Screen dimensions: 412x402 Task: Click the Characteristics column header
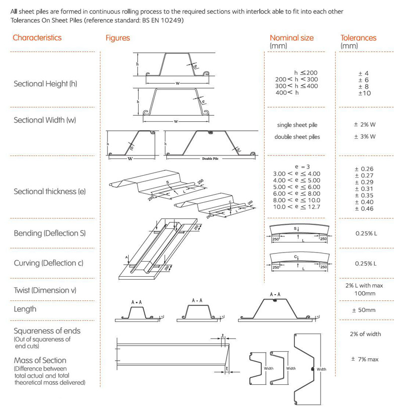pos(37,38)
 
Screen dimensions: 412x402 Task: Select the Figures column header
pos(118,38)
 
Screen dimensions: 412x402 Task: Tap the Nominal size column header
pos(291,38)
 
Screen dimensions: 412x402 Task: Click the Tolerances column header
pos(358,38)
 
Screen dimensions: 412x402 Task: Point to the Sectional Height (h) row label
pos(48,84)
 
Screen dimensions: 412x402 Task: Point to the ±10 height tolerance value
pos(364,93)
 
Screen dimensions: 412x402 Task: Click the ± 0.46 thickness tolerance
pos(364,208)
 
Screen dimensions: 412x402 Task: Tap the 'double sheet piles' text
pos(297,137)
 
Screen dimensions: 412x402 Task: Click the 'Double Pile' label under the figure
pos(211,158)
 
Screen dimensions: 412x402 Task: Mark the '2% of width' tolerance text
pos(365,334)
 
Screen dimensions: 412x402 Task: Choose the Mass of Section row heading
pos(40,360)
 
